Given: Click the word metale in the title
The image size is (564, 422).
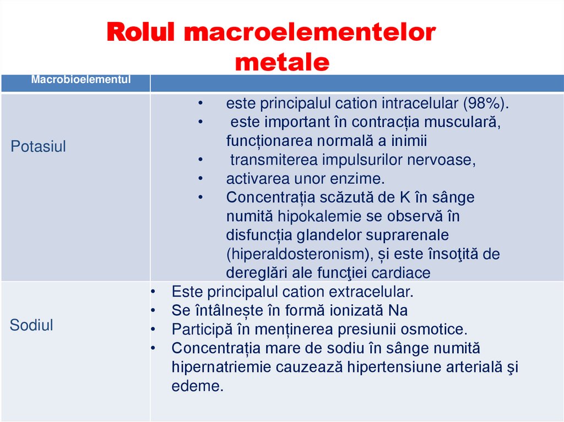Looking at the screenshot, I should pos(281,62).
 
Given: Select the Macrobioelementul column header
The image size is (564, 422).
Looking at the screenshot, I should pos(81,79).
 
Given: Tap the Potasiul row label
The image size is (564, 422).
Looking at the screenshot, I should pos(39,147).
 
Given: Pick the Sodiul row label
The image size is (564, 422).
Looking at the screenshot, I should pos(31,325).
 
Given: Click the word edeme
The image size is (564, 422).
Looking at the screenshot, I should pos(198,386).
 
